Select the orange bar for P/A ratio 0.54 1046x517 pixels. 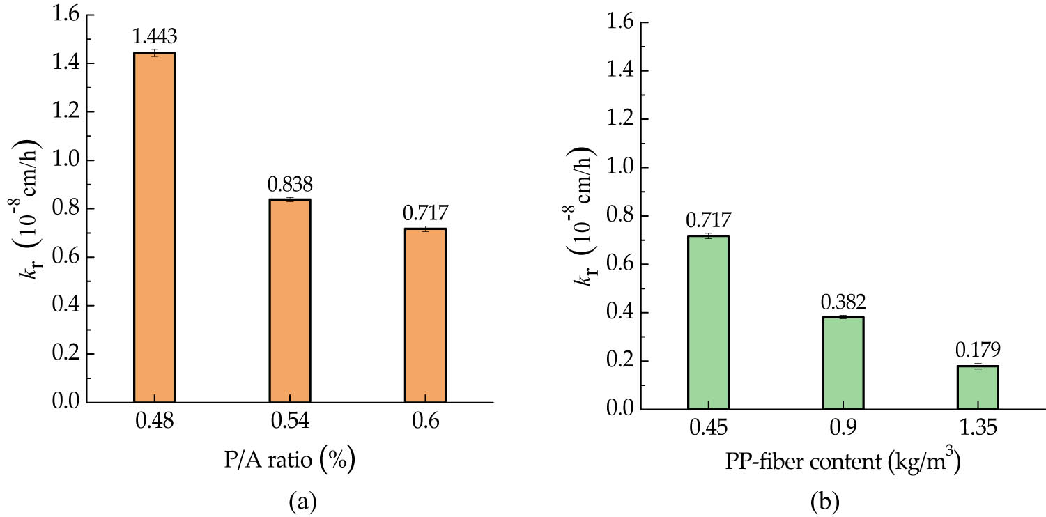pos(289,301)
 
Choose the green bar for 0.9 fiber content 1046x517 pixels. pos(843,363)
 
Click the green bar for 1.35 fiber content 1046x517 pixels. pos(978,387)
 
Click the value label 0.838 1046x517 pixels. pos(289,185)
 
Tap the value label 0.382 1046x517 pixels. pos(843,302)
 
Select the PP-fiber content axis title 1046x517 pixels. pos(843,463)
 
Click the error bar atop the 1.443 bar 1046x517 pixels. pos(154,53)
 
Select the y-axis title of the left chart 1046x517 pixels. pos(28,209)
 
